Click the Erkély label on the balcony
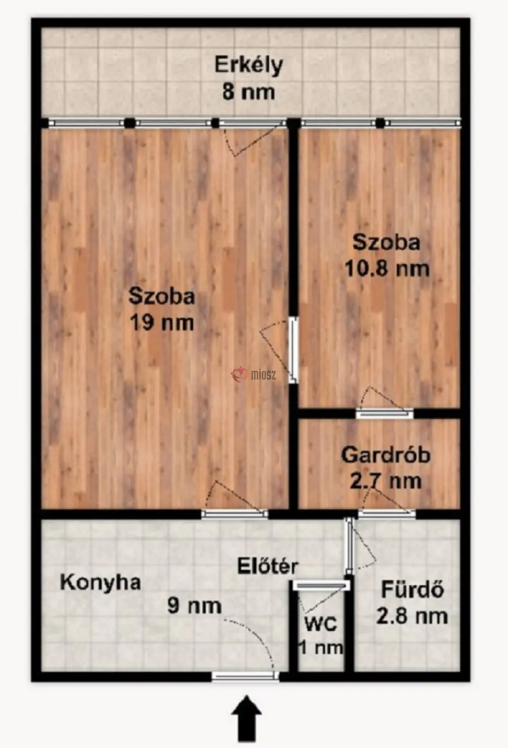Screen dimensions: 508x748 click(x=248, y=66)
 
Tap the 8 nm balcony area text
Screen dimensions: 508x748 click(x=248, y=92)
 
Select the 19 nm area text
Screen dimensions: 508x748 click(x=162, y=322)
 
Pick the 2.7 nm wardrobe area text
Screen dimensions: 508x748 click(x=386, y=481)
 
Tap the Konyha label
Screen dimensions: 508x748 click(x=100, y=583)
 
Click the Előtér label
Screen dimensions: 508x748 click(x=268, y=566)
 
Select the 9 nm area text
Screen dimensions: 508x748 click(x=195, y=607)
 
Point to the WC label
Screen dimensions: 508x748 click(x=321, y=624)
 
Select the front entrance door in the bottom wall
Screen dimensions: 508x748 click(x=245, y=677)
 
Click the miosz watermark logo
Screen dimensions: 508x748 click(x=254, y=375)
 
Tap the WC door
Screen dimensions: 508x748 click(x=322, y=585)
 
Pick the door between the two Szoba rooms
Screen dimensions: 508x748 click(x=293, y=350)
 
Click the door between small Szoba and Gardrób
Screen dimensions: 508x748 click(x=384, y=413)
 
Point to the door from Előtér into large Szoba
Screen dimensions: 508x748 click(x=235, y=514)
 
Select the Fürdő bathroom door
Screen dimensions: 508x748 click(x=349, y=546)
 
